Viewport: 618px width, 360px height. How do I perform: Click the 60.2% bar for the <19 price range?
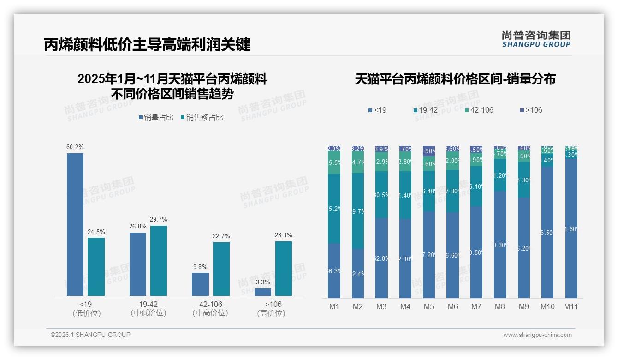[75, 224]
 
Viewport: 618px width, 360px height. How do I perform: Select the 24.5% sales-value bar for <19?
[96, 266]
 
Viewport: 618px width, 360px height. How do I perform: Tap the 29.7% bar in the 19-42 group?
[159, 260]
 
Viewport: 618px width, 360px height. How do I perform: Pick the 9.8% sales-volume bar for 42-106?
[200, 284]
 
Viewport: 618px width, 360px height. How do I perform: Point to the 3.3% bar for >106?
[263, 292]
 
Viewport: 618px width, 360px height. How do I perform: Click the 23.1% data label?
[283, 235]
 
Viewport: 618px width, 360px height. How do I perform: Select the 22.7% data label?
[221, 236]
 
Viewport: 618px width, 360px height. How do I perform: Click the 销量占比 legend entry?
[156, 118]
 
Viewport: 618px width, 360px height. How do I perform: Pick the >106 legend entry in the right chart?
[531, 110]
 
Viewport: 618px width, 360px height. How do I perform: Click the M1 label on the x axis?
[334, 306]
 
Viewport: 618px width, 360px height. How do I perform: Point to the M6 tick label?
[452, 306]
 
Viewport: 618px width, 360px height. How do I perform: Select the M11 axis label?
[571, 306]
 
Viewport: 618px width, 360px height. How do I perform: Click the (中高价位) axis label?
[210, 313]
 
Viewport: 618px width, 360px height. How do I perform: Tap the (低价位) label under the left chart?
[87, 313]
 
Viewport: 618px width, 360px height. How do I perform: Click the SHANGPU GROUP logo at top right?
[536, 39]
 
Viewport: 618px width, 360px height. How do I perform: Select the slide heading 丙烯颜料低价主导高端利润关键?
[147, 45]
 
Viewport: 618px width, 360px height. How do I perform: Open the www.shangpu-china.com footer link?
[537, 335]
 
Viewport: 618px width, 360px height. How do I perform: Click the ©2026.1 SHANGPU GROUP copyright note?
[90, 335]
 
